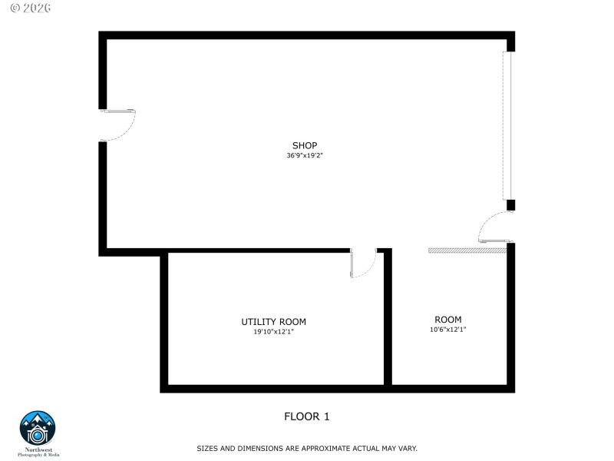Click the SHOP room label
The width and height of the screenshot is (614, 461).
click(304, 145)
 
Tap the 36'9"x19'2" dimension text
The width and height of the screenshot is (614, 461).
click(305, 155)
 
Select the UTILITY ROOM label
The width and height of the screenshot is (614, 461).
click(273, 322)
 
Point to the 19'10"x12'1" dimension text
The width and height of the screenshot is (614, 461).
click(273, 332)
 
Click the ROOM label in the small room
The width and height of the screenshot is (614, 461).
click(448, 320)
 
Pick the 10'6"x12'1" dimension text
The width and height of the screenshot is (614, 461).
click(448, 330)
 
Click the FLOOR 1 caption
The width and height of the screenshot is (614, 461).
click(307, 416)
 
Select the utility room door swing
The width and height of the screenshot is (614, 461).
click(362, 263)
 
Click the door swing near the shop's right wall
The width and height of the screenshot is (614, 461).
click(492, 227)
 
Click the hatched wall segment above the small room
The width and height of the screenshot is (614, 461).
click(467, 250)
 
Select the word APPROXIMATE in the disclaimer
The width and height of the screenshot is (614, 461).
click(305, 448)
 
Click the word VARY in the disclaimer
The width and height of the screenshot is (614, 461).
click(407, 448)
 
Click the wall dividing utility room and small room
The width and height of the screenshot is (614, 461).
click(388, 319)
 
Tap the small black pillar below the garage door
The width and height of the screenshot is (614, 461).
click(510, 205)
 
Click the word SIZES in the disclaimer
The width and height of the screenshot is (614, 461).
click(208, 448)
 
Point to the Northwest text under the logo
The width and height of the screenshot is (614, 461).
click(38, 449)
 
